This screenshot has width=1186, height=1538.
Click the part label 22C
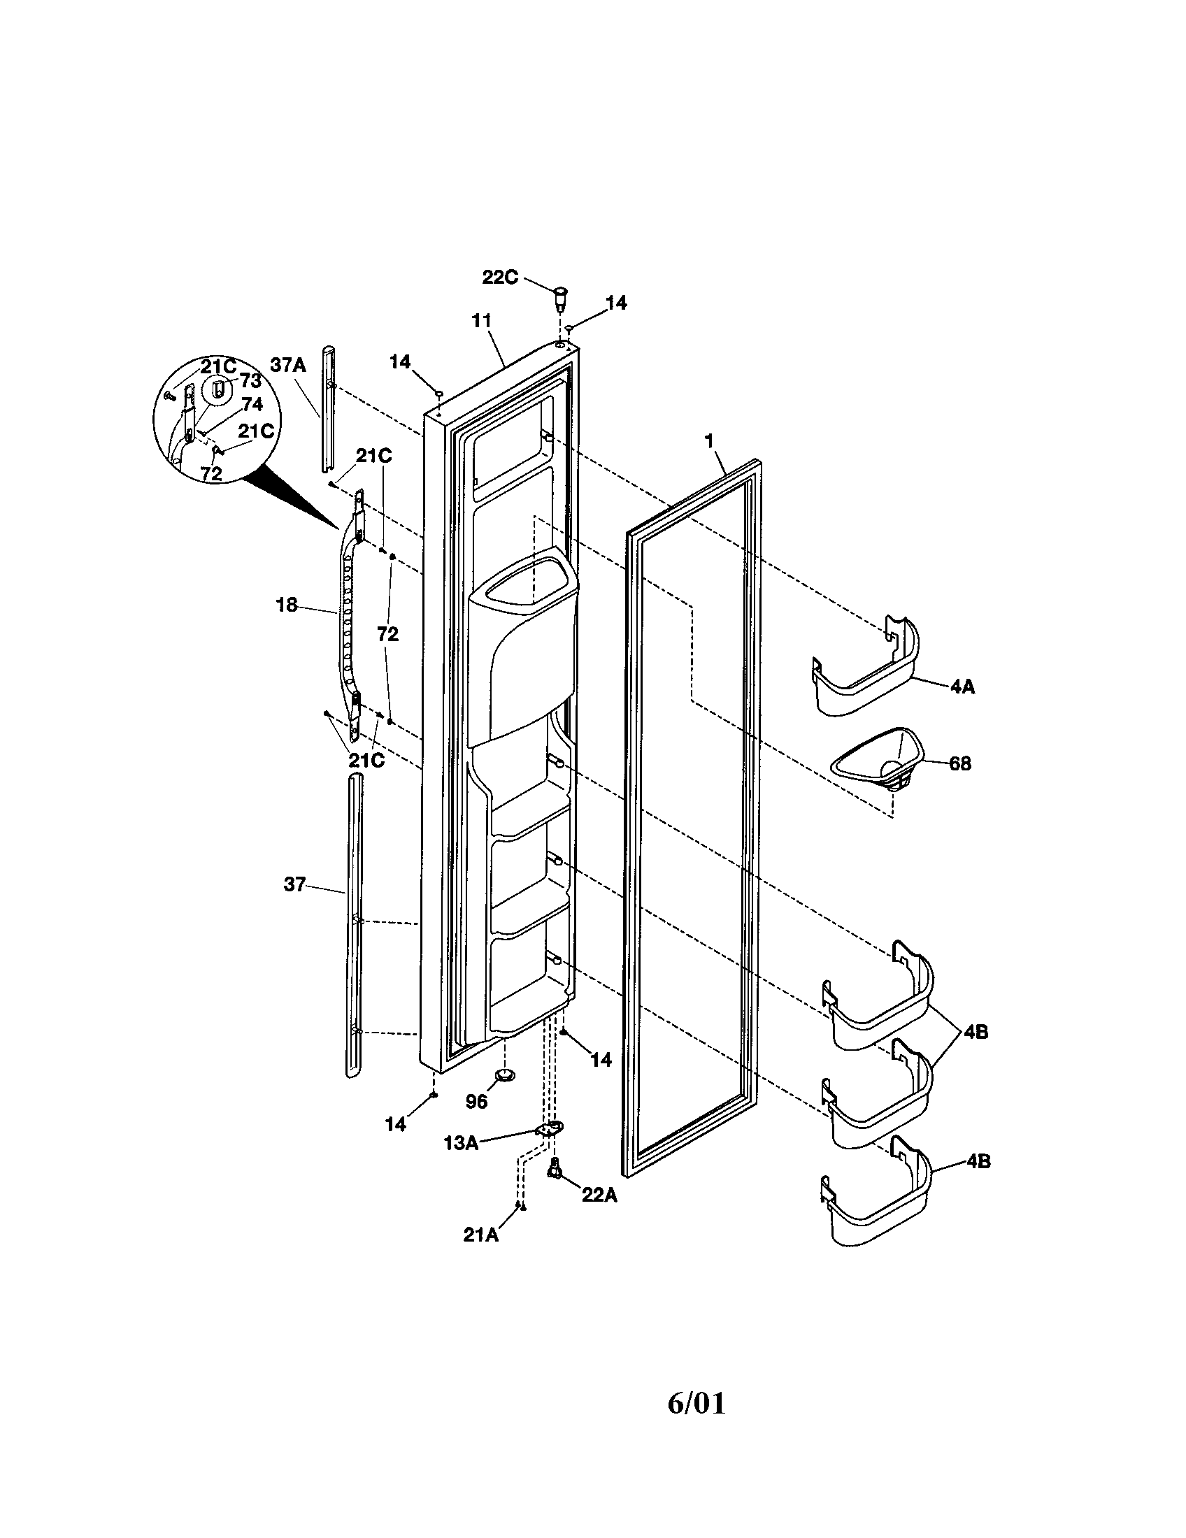499,278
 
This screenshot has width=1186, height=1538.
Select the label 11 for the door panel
480,320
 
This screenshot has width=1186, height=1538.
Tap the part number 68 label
960,763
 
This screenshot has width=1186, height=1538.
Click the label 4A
962,687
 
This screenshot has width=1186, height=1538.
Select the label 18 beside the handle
286,605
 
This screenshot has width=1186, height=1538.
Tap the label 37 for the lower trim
294,884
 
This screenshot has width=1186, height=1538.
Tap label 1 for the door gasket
709,441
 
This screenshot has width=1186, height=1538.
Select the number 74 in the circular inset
252,404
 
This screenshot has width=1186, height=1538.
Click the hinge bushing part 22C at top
561,298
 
